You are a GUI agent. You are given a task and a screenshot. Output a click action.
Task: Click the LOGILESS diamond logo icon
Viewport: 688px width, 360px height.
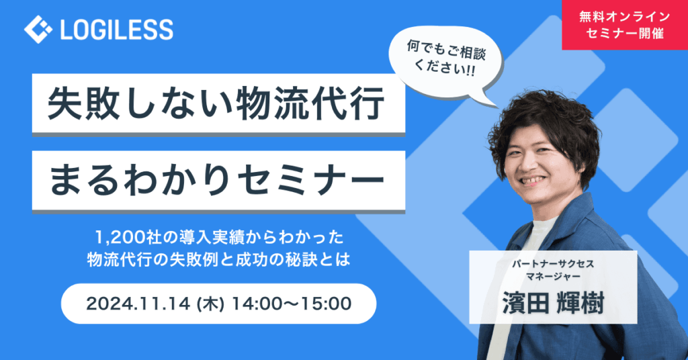(x=38, y=30)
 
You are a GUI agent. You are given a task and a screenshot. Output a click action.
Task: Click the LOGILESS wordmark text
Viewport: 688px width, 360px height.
(x=117, y=30)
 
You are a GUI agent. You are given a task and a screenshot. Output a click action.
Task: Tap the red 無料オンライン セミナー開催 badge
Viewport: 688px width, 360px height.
(x=625, y=25)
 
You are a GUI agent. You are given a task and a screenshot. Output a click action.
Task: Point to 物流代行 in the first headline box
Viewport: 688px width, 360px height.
(x=310, y=103)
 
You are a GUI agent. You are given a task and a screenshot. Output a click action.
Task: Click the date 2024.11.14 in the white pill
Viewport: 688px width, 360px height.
(x=138, y=304)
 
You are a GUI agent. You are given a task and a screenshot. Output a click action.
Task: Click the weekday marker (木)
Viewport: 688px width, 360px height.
(x=211, y=304)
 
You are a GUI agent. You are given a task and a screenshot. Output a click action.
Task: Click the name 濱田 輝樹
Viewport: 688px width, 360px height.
(x=553, y=302)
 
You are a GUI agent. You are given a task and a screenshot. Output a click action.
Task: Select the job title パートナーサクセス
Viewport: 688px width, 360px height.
(x=553, y=264)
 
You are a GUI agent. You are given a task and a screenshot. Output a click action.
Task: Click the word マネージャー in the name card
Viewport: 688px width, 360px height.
(x=553, y=277)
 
